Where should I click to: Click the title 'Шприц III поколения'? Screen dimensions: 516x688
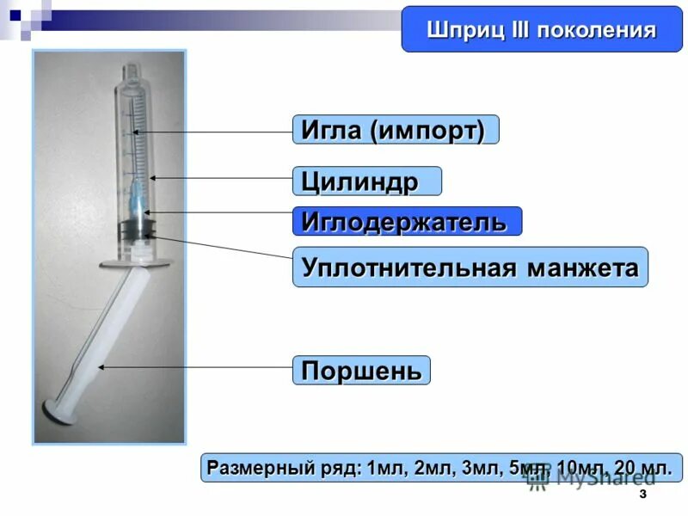(541, 31)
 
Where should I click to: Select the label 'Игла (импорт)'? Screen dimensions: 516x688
(394, 130)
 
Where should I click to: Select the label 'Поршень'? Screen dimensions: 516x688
(361, 371)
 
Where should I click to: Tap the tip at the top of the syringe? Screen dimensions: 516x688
(128, 68)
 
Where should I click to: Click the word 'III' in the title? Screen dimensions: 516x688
(516, 31)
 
